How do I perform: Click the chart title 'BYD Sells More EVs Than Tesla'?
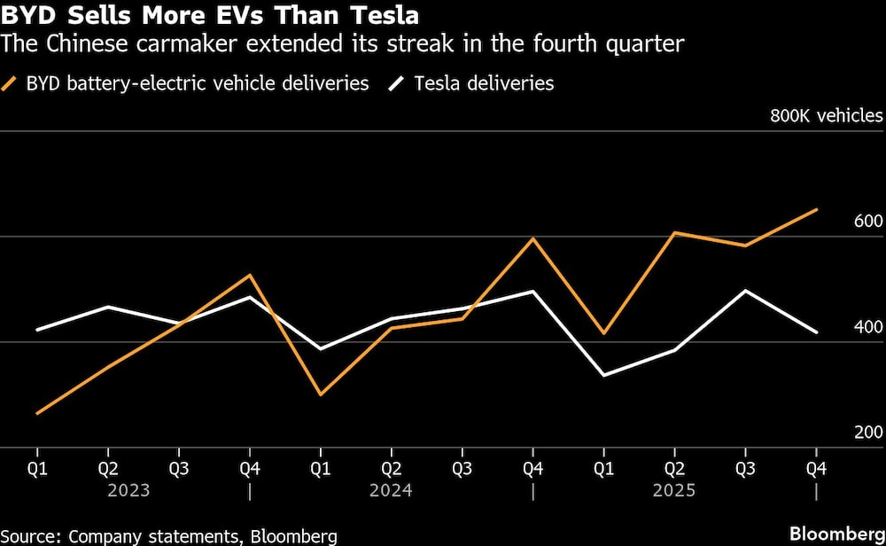coord(210,15)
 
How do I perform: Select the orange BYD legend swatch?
coord(12,84)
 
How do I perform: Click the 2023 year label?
coord(128,489)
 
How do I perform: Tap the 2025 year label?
coord(675,489)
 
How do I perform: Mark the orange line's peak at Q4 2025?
coord(816,210)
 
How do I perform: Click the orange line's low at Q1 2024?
coord(320,394)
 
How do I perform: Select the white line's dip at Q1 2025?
coord(603,376)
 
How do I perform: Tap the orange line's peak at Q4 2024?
coord(532,238)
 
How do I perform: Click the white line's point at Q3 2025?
coord(745,291)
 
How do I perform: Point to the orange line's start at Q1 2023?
coord(37,413)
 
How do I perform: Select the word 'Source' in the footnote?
coord(31,535)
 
